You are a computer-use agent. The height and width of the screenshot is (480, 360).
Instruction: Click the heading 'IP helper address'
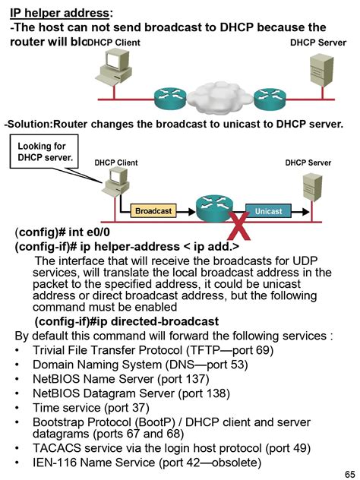pos(60,13)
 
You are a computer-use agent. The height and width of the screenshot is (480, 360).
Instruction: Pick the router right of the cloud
pos(268,96)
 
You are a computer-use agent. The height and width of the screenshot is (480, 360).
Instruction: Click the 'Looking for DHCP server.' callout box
pos(45,151)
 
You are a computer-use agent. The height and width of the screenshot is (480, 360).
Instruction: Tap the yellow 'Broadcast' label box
pos(153,210)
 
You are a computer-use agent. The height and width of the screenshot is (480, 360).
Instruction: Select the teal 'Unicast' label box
pos(268,210)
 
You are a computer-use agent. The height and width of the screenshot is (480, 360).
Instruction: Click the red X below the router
pos(240,224)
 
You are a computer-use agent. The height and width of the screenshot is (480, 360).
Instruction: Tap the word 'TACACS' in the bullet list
pos(55,447)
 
